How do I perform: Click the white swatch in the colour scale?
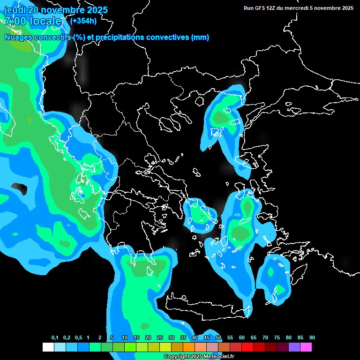pyautogui.click(x=48, y=347)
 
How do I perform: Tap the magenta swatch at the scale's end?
pyautogui.click(x=306, y=347)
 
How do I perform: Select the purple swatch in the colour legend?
pyautogui.click(x=294, y=347)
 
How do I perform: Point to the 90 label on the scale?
pyautogui.click(x=312, y=338)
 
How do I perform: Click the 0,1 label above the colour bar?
pyautogui.click(x=55, y=338)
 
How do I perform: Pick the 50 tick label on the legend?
pyautogui.click(x=218, y=338)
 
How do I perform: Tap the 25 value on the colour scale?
pyautogui.click(x=160, y=338)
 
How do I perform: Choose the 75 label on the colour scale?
pyautogui.click(x=277, y=338)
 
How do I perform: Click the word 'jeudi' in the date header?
pyautogui.click(x=15, y=10)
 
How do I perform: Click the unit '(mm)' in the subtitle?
pyautogui.click(x=200, y=37)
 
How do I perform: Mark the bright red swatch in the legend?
pyautogui.click(x=247, y=347)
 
